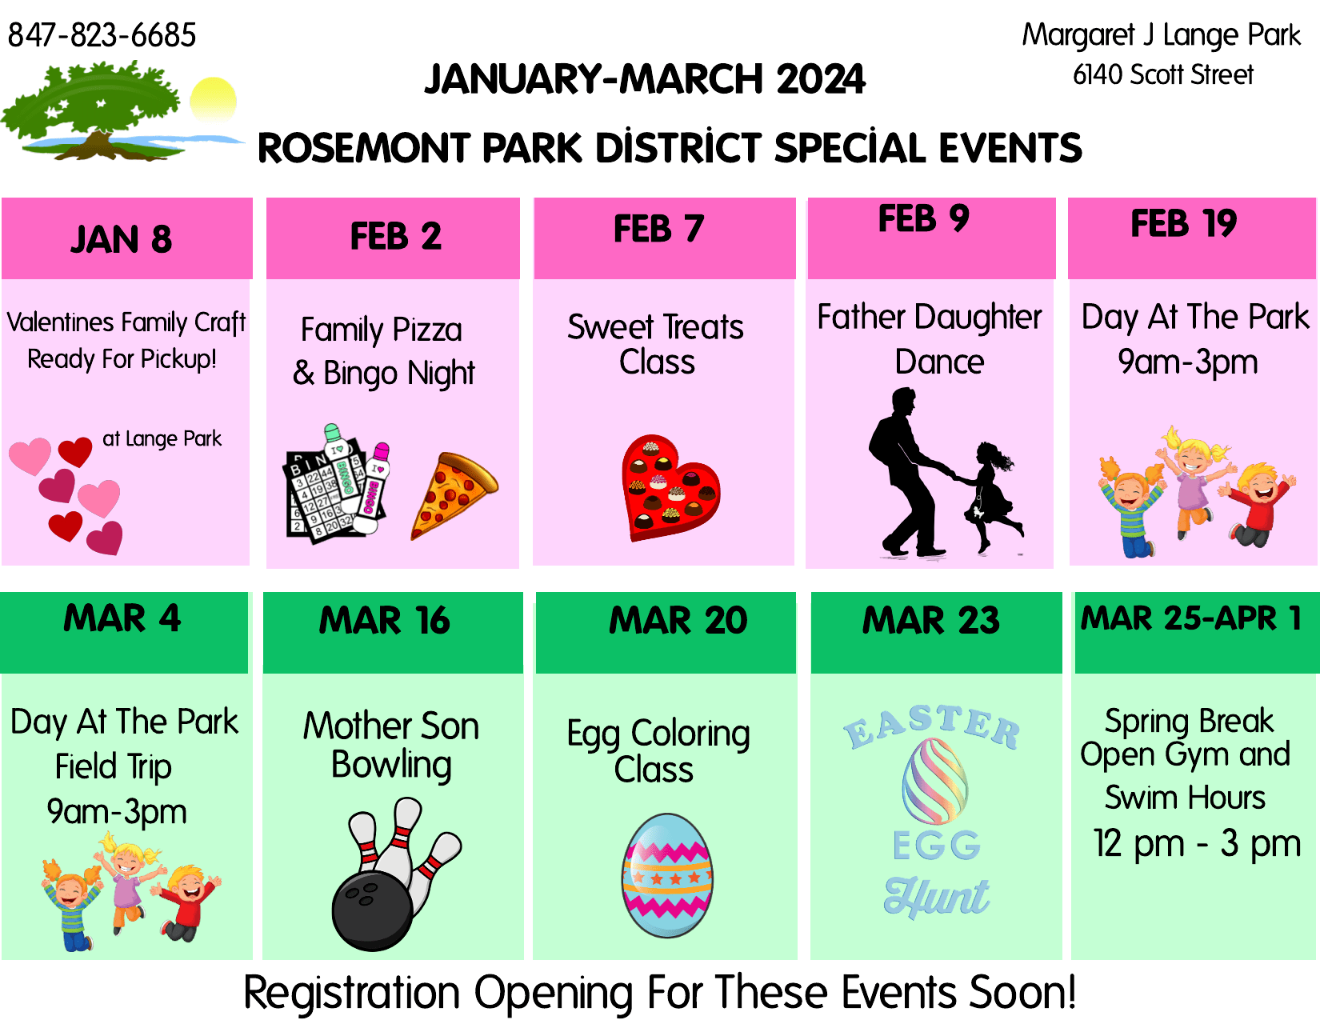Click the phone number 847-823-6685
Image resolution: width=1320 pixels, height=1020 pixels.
(x=102, y=35)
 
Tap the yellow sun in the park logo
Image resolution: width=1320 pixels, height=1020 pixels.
(x=214, y=100)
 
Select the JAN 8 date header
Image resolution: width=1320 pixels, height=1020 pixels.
(x=122, y=239)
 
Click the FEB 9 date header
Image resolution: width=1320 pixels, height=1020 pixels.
(x=924, y=219)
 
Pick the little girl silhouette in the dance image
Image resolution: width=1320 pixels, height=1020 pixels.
(x=990, y=496)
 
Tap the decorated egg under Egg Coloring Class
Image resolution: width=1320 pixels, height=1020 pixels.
(x=667, y=875)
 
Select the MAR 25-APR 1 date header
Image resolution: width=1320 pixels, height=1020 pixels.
(x=1191, y=618)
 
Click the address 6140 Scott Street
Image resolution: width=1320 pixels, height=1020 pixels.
(x=1162, y=75)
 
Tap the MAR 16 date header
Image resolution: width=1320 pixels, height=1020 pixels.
(x=385, y=621)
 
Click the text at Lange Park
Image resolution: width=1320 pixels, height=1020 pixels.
(x=162, y=438)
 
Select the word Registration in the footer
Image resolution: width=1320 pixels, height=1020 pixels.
(x=351, y=993)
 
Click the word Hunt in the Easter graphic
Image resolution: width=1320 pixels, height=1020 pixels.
(x=936, y=896)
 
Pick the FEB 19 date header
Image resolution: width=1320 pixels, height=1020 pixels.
(x=1183, y=224)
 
